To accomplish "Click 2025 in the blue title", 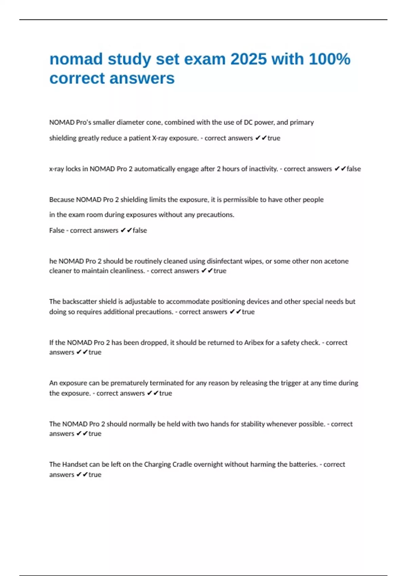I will click(x=249, y=59).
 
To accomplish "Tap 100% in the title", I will click(x=329, y=59).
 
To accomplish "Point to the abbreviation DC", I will click(x=248, y=122).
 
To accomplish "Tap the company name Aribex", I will click(x=254, y=343).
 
